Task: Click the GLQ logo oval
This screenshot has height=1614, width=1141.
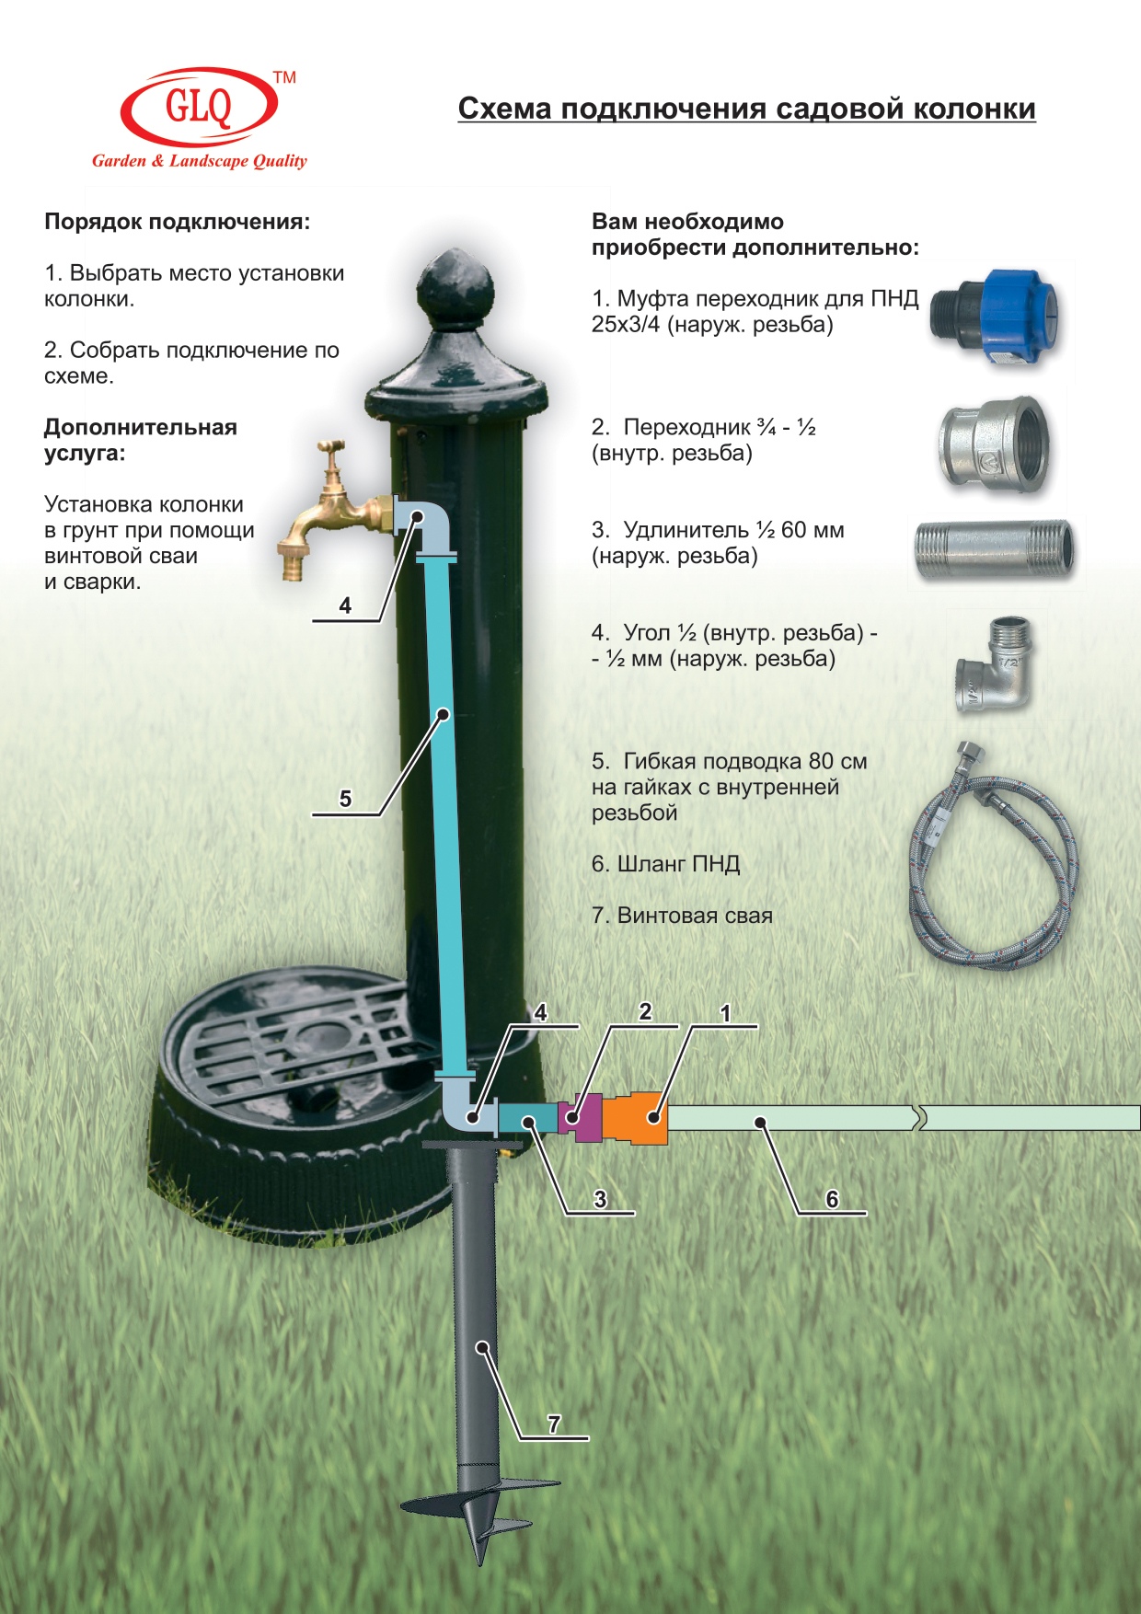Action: tap(198, 106)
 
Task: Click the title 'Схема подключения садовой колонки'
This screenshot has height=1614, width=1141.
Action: tap(747, 109)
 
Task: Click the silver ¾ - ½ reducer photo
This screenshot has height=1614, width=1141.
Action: tap(995, 444)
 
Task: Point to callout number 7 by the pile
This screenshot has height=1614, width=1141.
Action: tap(554, 1424)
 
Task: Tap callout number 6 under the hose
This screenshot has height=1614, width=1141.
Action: tap(832, 1199)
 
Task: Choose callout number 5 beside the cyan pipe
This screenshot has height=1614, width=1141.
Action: tap(345, 799)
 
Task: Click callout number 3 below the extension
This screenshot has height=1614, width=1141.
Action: tap(600, 1199)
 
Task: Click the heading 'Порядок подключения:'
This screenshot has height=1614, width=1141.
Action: tap(178, 222)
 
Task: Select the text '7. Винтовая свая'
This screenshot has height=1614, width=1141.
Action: tap(682, 916)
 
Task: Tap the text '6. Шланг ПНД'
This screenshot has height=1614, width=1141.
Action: tap(666, 864)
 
